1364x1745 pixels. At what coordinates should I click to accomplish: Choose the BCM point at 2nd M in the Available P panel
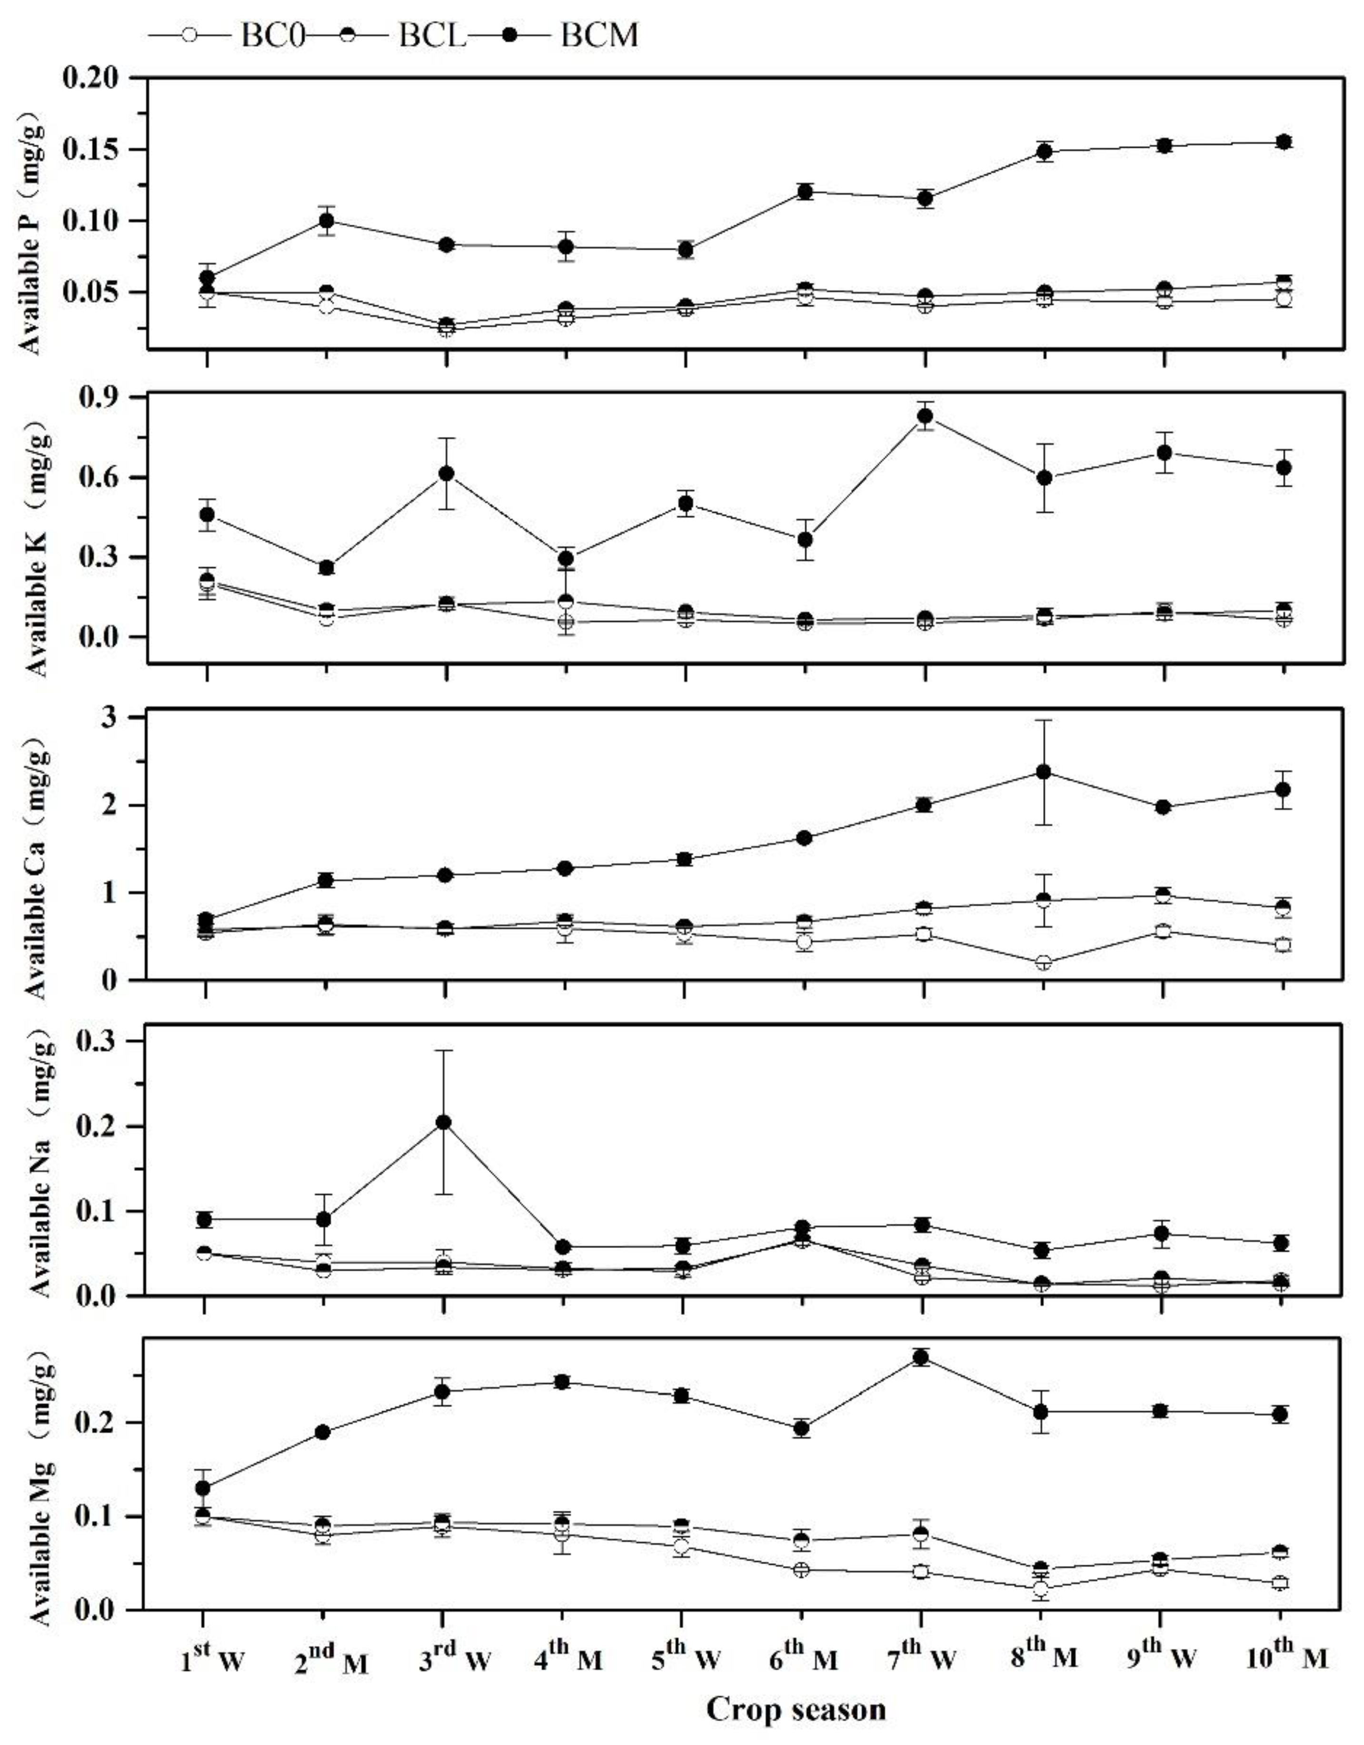326,220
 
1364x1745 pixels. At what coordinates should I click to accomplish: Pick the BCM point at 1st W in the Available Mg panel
203,1488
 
